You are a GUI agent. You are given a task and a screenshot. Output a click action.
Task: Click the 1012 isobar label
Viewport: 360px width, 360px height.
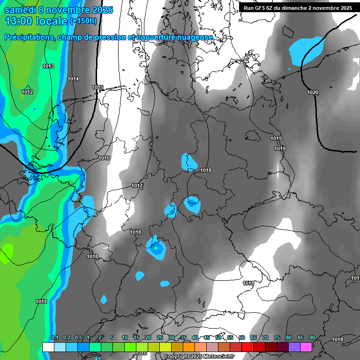pos(27,92)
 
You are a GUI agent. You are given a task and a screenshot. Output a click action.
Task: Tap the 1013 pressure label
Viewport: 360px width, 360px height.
pos(48,66)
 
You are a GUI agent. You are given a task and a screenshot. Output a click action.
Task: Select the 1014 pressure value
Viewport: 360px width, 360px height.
pos(73,79)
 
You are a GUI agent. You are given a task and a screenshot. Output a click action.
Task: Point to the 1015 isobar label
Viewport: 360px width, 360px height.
pos(97,87)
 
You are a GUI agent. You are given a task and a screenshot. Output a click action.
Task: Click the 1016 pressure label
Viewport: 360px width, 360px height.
pos(104,158)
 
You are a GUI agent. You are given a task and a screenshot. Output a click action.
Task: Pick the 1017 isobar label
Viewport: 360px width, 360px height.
pos(137,186)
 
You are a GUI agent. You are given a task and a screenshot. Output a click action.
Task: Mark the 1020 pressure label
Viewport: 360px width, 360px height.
pos(313,92)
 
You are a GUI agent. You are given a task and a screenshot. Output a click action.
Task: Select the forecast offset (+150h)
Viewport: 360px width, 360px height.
pos(83,21)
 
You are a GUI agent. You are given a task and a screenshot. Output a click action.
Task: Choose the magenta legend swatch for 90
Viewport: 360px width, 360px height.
pos(306,347)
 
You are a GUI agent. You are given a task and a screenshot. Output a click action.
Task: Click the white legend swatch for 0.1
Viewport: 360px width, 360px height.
pos(48,347)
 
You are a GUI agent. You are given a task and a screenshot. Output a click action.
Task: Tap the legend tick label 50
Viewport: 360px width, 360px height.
pos(218,338)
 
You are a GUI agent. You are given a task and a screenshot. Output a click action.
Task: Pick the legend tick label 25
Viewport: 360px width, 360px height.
pos(160,338)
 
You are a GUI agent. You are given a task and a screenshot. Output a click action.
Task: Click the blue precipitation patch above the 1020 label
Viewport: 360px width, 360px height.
pos(306,49)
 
